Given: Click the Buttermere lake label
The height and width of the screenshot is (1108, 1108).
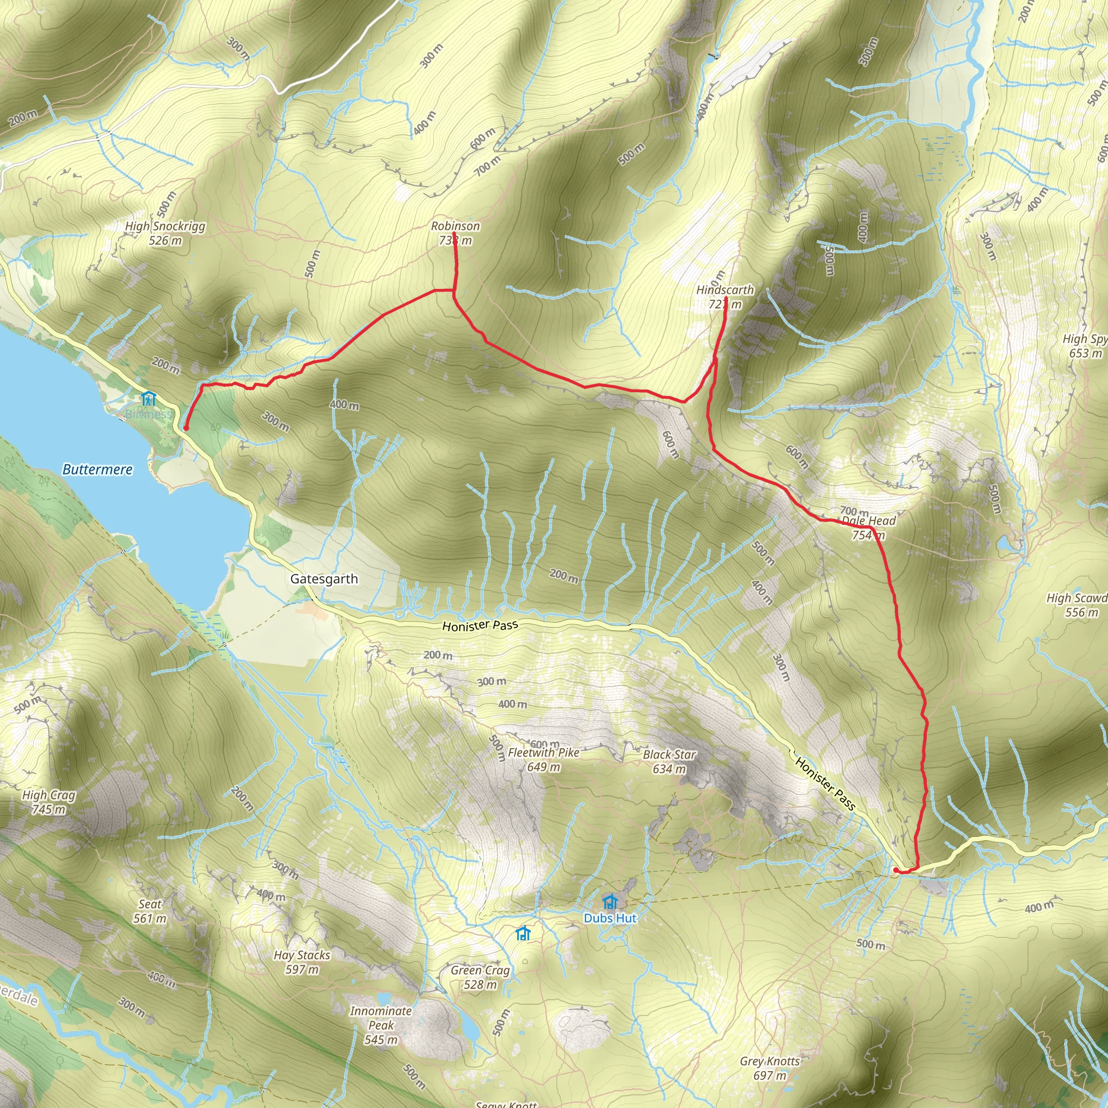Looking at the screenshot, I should [97, 470].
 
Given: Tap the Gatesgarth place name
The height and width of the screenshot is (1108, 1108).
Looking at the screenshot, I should [324, 579].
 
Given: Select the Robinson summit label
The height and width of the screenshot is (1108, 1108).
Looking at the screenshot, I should [456, 233].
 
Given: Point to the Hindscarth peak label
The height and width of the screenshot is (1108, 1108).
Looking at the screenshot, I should [725, 297].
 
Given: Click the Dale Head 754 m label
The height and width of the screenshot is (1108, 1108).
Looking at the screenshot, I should [868, 527].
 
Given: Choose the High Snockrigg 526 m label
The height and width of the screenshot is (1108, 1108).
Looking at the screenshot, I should [165, 233].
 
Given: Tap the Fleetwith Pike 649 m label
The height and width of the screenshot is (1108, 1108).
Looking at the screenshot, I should [543, 759].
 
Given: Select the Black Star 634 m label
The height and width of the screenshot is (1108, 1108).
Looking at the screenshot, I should [669, 762].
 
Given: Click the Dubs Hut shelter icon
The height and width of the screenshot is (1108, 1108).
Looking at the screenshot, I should [610, 901].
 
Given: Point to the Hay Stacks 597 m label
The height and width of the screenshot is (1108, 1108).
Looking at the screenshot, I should [302, 962].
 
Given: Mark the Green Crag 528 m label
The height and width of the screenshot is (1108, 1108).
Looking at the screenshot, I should [480, 977].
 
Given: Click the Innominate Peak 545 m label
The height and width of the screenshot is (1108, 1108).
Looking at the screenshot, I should [381, 1025].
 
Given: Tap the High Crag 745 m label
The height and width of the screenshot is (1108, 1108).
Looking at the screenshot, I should [49, 802].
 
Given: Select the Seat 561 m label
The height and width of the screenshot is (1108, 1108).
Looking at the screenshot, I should [150, 911].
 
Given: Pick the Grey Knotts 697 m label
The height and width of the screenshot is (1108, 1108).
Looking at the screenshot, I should [770, 1068].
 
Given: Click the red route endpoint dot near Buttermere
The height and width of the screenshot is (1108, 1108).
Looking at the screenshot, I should [186, 428].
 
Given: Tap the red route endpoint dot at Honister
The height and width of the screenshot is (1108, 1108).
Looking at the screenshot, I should [896, 870].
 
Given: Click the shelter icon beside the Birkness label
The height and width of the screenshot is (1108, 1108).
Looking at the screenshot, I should [149, 398].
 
